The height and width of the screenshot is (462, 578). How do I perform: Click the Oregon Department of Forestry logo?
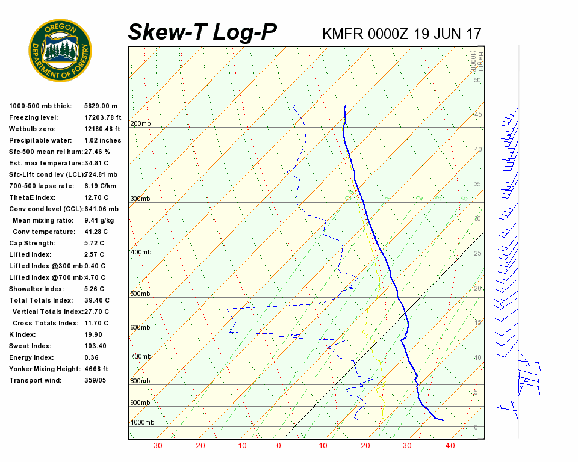point(60,51)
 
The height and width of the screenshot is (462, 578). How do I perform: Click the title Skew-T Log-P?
point(202,32)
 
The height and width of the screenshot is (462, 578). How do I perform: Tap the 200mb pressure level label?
point(140,124)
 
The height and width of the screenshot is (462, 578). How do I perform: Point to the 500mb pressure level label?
point(140,294)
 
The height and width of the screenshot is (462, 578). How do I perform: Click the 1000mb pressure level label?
point(142,423)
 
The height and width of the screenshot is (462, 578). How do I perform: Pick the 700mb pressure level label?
point(140,357)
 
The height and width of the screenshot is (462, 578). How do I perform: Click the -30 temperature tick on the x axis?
point(157,446)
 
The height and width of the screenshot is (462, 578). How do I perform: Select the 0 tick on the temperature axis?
point(279,446)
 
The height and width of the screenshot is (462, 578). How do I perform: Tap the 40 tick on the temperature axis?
point(450,446)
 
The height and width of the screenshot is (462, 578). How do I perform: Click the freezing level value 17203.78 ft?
point(103,117)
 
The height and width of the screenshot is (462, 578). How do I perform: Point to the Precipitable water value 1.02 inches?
point(103,140)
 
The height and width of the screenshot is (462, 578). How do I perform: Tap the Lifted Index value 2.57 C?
point(94,254)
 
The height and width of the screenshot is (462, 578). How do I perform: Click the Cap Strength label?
point(32,243)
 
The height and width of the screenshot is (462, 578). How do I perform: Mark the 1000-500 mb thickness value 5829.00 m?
point(101,106)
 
